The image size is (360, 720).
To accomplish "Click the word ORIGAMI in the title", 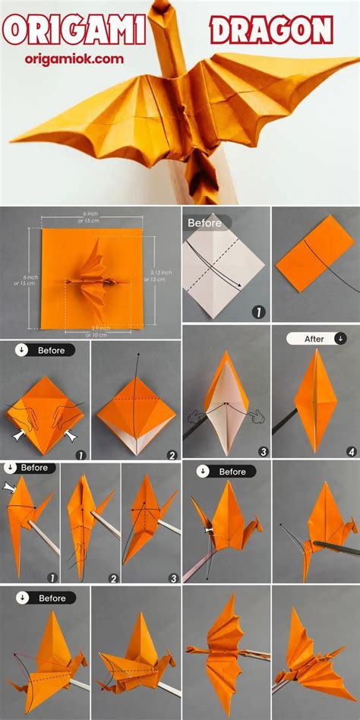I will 74,31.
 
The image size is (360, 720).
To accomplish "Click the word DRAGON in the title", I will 271,31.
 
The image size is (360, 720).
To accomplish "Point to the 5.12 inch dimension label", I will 162,276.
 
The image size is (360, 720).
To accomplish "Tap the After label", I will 315,339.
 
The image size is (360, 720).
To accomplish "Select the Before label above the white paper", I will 205,223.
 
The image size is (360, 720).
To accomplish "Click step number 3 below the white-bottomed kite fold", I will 263,451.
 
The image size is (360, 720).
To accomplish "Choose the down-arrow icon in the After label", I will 340,339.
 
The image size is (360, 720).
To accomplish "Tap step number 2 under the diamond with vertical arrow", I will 172,455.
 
